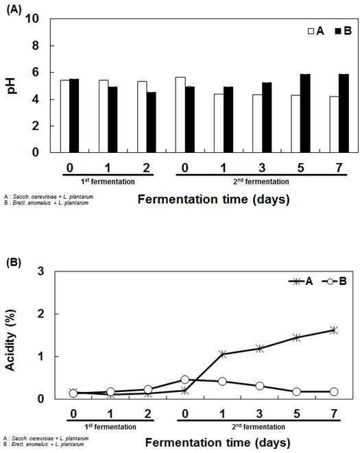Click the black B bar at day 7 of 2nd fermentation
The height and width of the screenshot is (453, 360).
click(344, 113)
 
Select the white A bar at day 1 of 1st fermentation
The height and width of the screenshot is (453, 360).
click(104, 116)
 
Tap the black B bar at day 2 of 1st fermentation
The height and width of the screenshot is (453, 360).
click(152, 122)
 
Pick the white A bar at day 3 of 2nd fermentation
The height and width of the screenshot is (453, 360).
click(257, 123)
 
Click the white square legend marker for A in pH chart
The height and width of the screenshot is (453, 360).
click(311, 32)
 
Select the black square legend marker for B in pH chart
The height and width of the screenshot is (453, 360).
click(338, 32)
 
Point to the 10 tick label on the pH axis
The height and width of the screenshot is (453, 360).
click(32, 19)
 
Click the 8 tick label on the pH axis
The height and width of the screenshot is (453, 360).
click(35, 46)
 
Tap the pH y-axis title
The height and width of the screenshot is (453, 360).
click(12, 86)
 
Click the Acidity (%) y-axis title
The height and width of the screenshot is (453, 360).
click(10, 341)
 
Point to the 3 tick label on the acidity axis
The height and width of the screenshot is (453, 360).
click(41, 271)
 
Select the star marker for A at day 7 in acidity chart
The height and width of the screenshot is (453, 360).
click(334, 330)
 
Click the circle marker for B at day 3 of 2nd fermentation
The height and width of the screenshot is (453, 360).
click(260, 386)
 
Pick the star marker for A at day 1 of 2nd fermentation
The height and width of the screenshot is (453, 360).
click(222, 354)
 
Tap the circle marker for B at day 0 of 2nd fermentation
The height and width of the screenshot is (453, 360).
click(185, 380)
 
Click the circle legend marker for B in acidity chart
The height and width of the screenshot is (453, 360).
click(330, 281)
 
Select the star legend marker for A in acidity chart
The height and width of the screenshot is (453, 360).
click(296, 281)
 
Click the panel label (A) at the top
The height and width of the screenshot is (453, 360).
click(14, 10)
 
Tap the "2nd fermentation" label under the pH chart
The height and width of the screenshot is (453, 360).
click(261, 182)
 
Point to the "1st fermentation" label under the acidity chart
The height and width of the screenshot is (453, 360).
click(110, 426)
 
